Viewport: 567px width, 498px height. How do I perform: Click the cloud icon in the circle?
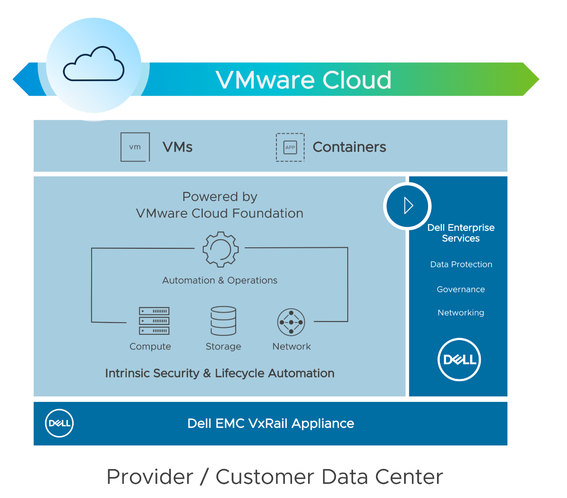[x=94, y=64]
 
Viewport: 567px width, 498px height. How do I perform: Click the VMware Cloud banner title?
[x=303, y=80]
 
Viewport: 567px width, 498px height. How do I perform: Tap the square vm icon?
[x=135, y=147]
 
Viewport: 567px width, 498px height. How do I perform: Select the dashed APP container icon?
[x=290, y=148]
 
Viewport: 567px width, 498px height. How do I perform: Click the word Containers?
[x=349, y=147]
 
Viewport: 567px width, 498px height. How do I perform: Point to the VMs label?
[x=177, y=147]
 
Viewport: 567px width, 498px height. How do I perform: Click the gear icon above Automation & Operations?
[x=220, y=249]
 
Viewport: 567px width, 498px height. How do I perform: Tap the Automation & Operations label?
[x=220, y=280]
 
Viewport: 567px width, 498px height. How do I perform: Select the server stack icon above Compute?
[x=154, y=321]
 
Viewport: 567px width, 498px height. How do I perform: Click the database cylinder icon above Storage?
[x=223, y=321]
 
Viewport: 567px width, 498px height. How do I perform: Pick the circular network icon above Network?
[x=291, y=322]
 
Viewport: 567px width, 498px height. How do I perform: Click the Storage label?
[x=223, y=347]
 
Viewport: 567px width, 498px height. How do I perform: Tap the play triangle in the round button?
[x=408, y=206]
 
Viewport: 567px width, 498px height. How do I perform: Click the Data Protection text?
[x=461, y=264]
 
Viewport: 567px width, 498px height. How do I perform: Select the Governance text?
[x=461, y=289]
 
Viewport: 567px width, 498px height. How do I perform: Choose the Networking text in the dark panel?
[x=461, y=313]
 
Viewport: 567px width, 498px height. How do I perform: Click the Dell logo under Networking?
[x=459, y=359]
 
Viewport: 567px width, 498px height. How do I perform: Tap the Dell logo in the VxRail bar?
[x=59, y=423]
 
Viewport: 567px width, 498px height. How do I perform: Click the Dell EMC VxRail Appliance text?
[x=271, y=423]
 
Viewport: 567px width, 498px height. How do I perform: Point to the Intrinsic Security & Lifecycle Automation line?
[x=220, y=373]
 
